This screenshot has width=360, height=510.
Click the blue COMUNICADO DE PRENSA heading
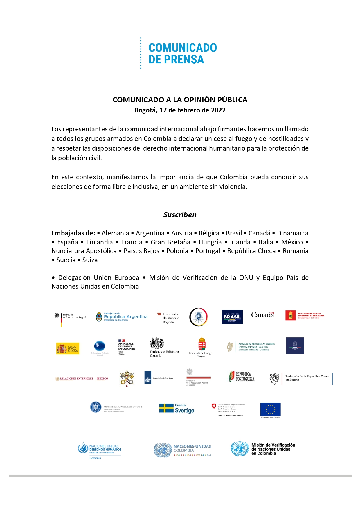(x=182, y=53)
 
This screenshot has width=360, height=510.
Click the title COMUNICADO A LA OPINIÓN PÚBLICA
(x=180, y=100)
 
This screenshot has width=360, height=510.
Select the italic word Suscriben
(x=180, y=215)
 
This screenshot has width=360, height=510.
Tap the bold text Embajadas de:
(x=73, y=233)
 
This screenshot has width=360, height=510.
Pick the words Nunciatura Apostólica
(x=84, y=251)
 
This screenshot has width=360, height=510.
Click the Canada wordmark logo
(x=262, y=315)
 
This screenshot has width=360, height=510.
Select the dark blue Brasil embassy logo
(x=232, y=317)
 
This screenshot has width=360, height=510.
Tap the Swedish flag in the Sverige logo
(x=166, y=408)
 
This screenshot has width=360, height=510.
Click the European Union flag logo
(x=270, y=409)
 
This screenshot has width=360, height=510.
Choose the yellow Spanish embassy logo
(x=68, y=348)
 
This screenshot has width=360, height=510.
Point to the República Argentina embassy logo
(x=122, y=317)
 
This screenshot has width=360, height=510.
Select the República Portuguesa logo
(x=242, y=376)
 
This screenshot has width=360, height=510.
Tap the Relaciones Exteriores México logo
(x=82, y=379)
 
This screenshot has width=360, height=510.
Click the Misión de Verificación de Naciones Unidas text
(x=273, y=449)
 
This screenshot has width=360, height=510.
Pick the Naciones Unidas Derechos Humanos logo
(x=100, y=450)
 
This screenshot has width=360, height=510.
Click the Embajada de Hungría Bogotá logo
(x=201, y=347)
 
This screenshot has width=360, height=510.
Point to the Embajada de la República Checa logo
(x=300, y=379)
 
